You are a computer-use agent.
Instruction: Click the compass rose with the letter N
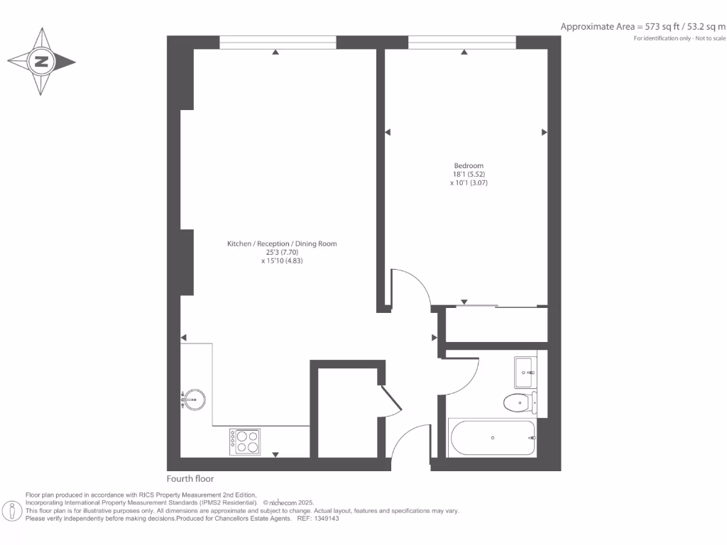click(41, 62)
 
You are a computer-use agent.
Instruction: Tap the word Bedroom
click(469, 166)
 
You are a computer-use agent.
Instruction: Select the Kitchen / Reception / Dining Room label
click(282, 244)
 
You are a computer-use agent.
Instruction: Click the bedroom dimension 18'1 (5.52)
click(469, 175)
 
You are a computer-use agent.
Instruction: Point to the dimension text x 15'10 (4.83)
click(282, 261)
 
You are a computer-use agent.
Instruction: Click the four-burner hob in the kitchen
click(244, 442)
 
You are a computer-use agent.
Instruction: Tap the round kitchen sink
click(193, 400)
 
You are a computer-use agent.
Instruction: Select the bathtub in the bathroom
click(492, 438)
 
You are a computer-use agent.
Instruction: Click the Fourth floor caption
click(190, 479)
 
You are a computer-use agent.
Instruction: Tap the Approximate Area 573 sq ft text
click(643, 27)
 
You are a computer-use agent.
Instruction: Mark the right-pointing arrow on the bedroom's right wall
click(545, 132)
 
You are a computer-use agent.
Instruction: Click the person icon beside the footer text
click(12, 510)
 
